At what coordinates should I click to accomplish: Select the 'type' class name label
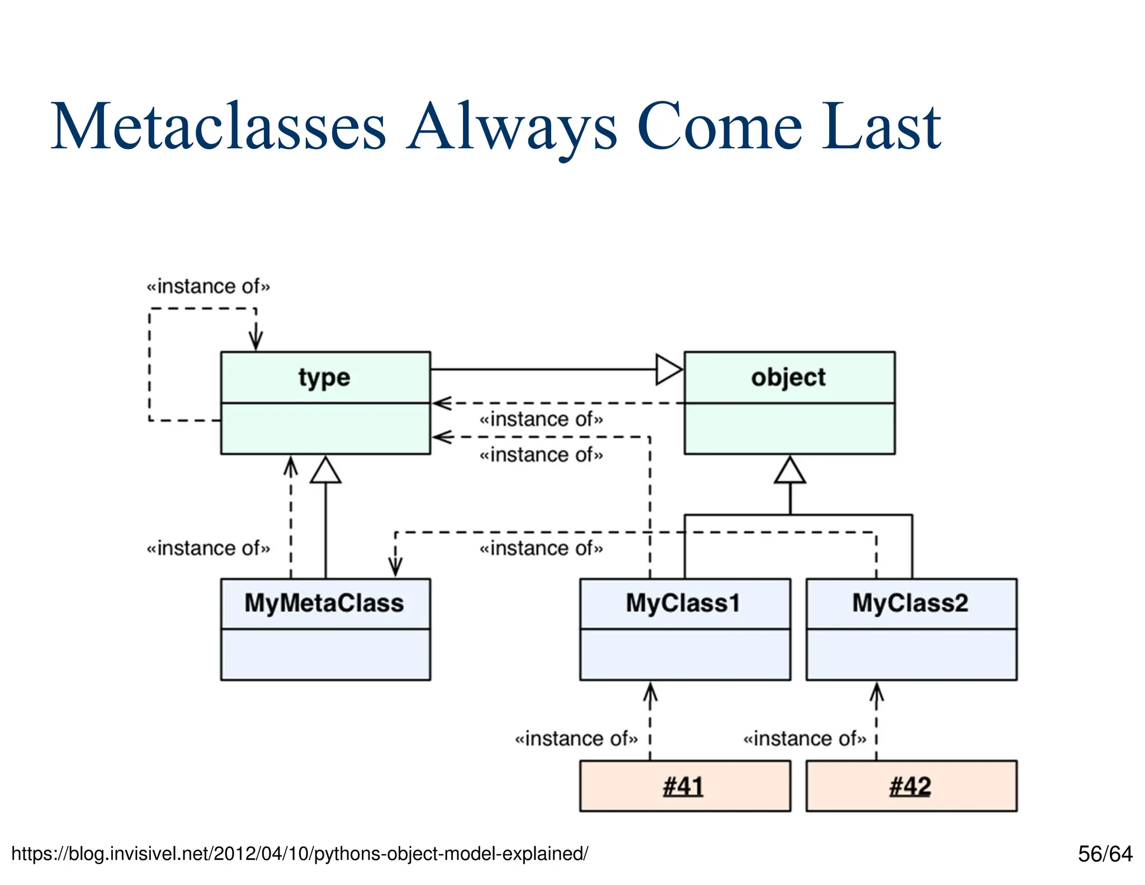point(324,378)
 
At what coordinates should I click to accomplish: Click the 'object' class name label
point(788,378)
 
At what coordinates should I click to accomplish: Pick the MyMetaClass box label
point(324,603)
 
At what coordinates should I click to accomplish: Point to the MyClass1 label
point(683,603)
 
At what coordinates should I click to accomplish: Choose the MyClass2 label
point(910,603)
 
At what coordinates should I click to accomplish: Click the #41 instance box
point(684,785)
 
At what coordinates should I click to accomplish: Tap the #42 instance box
point(911,785)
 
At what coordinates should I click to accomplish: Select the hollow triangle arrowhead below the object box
point(790,471)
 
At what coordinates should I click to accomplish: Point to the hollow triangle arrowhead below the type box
point(325,471)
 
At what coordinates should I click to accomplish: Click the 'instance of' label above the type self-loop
point(208,286)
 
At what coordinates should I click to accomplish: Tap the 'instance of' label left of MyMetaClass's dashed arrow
point(208,548)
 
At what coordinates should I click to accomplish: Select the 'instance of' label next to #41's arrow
point(576,738)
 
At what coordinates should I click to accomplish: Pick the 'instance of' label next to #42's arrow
point(804,738)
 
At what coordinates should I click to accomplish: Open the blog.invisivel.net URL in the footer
point(300,854)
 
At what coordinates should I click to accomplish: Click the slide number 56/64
point(1105,854)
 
